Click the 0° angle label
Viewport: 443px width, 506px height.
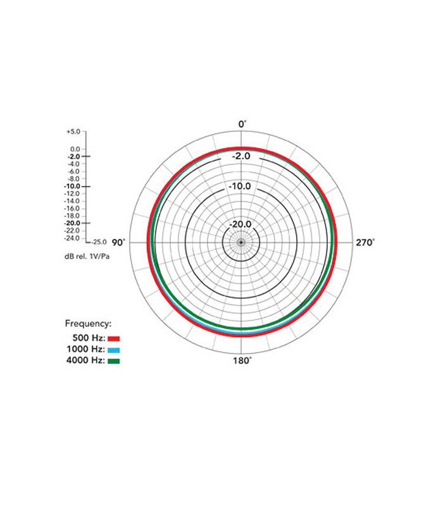[242, 124]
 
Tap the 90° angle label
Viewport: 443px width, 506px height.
[118, 243]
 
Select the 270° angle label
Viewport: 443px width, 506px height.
[366, 243]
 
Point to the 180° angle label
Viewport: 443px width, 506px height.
[242, 361]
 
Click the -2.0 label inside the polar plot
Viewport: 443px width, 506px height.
[241, 156]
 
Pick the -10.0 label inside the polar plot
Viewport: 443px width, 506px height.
[240, 186]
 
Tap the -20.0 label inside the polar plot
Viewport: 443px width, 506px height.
[240, 225]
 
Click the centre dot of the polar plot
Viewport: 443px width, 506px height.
[241, 242]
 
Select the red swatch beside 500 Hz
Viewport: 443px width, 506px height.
[114, 339]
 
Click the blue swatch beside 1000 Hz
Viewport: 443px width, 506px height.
[114, 350]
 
